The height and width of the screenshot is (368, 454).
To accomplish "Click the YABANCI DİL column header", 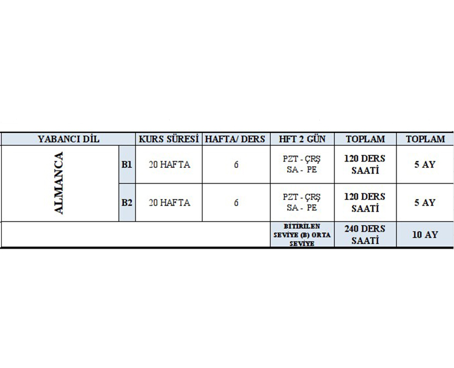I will [68, 140].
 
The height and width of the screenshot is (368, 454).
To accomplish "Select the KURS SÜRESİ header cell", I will [168, 140].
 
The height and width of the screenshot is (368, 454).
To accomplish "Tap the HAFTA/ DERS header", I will [235, 140].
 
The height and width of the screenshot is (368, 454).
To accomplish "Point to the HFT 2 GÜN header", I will [302, 140].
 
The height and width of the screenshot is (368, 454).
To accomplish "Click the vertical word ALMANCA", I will [59, 183].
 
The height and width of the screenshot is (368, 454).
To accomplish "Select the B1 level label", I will [126, 165].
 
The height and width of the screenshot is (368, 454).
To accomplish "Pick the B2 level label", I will [126, 203].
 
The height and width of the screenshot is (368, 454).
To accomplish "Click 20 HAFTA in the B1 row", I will [169, 165].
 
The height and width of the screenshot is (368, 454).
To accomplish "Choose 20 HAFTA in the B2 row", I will [169, 203].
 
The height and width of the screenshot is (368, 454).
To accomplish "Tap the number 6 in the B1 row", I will [236, 165].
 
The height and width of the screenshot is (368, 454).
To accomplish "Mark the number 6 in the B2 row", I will [236, 203].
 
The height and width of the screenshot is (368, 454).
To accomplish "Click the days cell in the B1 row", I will [302, 165].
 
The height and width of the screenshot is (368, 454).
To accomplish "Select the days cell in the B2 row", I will [302, 203].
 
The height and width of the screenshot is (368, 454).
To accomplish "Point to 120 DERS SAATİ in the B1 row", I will [365, 165].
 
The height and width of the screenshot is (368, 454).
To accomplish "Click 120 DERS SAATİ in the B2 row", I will [365, 203].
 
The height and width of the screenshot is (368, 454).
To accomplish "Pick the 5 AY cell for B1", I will [425, 165].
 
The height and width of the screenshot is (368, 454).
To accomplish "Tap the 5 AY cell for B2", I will [425, 203].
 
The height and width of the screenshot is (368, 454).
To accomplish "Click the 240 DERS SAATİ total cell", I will [365, 234].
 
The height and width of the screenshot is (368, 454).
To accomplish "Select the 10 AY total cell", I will [425, 235].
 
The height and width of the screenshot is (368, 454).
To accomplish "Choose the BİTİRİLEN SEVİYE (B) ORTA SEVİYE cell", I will [302, 235].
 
